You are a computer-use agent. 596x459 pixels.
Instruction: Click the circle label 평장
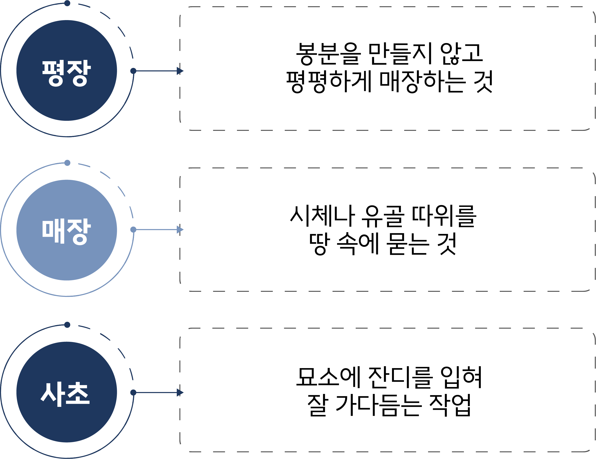tap(66, 73)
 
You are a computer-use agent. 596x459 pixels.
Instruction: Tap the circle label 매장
tap(66, 231)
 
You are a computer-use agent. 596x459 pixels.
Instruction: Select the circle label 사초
tap(65, 393)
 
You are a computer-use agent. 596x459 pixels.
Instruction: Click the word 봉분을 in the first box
tap(328, 54)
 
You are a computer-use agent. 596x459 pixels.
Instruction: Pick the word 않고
tap(462, 54)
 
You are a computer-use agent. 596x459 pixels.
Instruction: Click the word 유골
tap(382, 216)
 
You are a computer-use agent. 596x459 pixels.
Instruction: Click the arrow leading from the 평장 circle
tap(158, 71)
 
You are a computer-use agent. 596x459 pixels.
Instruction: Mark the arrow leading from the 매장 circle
tap(158, 230)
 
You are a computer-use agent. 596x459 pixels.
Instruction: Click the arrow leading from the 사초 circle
tap(158, 393)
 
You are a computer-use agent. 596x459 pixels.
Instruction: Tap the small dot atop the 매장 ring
tap(67, 163)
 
